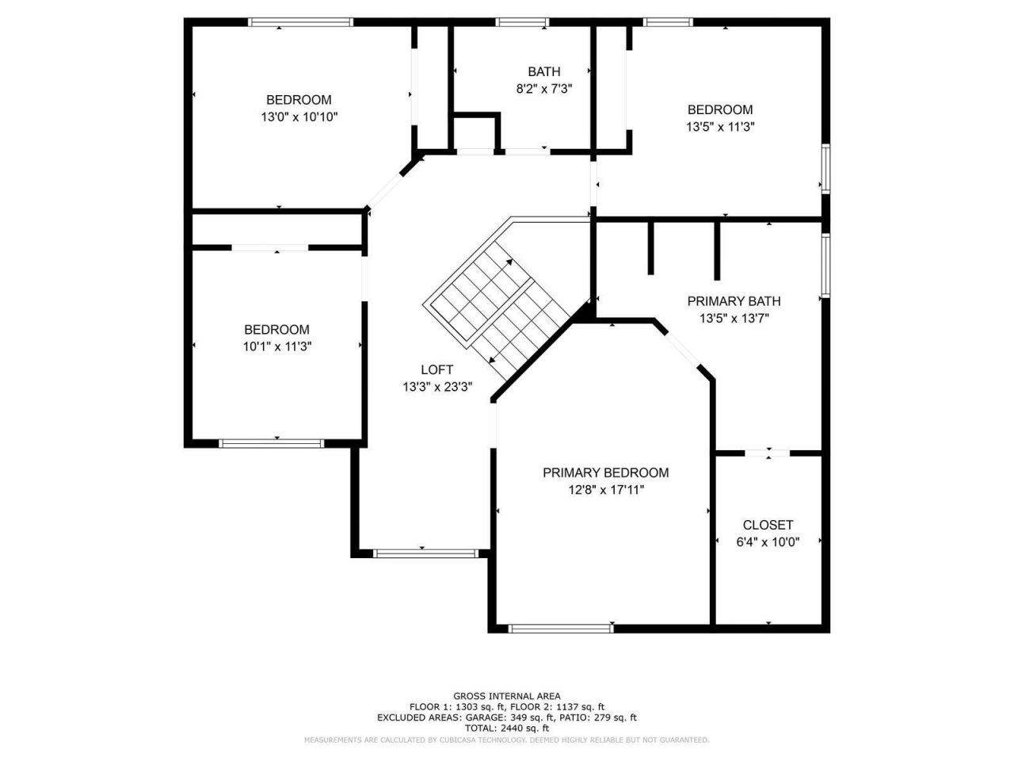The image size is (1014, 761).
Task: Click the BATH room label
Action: (544, 72)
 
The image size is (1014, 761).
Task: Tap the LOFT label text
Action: (437, 369)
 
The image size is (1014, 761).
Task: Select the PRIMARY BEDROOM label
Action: (605, 472)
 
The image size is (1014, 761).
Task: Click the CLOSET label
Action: (768, 525)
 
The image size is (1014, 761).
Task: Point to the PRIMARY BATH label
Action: (734, 301)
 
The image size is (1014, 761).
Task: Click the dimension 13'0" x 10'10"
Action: (299, 117)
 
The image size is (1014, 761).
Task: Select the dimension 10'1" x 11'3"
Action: (276, 346)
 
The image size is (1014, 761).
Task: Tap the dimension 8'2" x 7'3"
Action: (544, 89)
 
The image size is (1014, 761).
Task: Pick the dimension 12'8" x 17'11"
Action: (605, 490)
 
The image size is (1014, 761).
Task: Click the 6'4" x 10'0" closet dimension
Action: (768, 542)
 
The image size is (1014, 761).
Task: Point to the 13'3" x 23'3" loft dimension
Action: (437, 387)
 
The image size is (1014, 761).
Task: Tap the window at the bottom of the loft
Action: (425, 553)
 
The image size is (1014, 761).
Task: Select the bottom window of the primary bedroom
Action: (561, 629)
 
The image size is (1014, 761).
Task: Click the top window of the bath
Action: (523, 22)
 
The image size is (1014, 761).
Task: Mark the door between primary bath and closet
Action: (768, 453)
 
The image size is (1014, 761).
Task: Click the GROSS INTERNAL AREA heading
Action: (507, 696)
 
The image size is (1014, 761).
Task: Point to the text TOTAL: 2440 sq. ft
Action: (507, 728)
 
